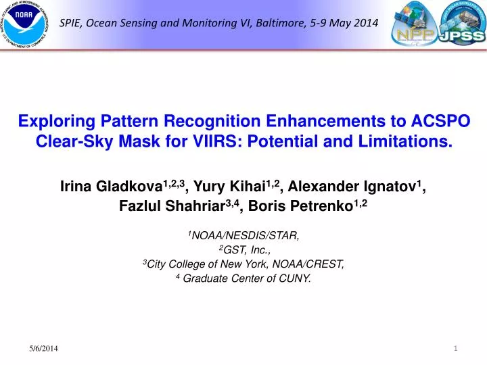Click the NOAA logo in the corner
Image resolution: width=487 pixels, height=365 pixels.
click(26, 25)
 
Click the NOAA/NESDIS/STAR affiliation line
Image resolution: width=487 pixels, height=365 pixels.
click(244, 236)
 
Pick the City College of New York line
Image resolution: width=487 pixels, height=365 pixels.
click(244, 265)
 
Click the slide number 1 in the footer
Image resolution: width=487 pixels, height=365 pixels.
click(457, 347)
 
